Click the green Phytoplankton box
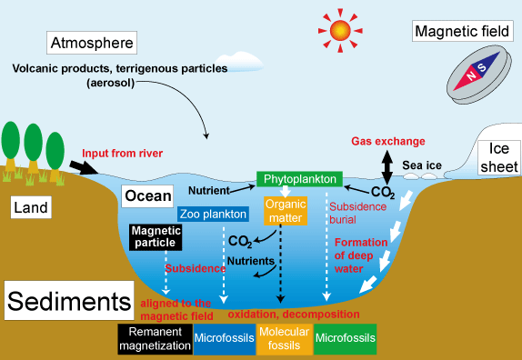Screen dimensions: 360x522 pos(298,179)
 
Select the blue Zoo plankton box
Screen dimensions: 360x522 pos(213,215)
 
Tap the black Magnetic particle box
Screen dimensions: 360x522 pos(156,237)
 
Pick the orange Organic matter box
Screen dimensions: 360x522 pos(286,211)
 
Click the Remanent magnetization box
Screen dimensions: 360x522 pos(154,337)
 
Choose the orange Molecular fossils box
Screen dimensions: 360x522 pos(284,337)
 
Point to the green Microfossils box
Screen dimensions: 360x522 pos(345,337)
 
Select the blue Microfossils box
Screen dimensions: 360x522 pos(224,337)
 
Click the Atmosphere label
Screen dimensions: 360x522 pos(92,43)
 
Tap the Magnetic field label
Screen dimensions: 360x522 pos(460,32)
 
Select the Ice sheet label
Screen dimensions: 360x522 pos(503,157)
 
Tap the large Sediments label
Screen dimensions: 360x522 pos(67,301)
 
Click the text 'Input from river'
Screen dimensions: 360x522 pos(121,152)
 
